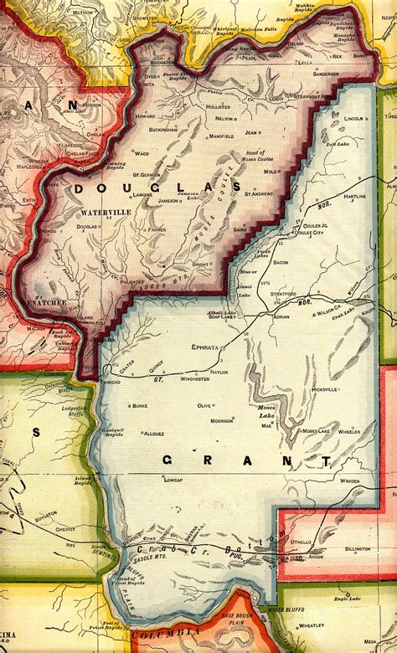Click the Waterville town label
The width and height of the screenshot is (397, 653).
(107, 213)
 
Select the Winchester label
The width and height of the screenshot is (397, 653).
(195, 378)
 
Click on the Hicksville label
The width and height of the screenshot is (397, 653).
(323, 390)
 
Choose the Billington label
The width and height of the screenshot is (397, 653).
(357, 549)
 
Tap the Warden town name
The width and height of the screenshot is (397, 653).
(350, 481)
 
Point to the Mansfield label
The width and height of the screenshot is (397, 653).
(221, 135)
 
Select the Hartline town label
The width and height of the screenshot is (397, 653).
(356, 196)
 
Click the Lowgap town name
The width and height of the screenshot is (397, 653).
(173, 480)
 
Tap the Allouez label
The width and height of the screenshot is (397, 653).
(153, 434)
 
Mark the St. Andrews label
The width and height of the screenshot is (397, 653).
(258, 193)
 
